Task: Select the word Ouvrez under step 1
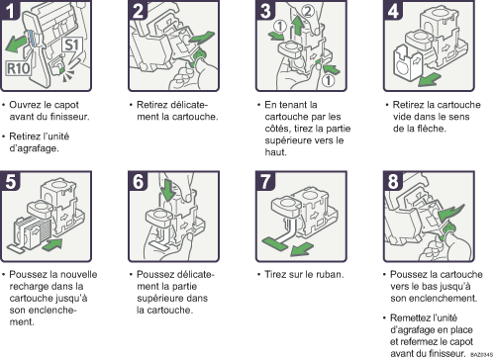coord(31,104)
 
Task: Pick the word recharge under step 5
coord(33,285)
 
